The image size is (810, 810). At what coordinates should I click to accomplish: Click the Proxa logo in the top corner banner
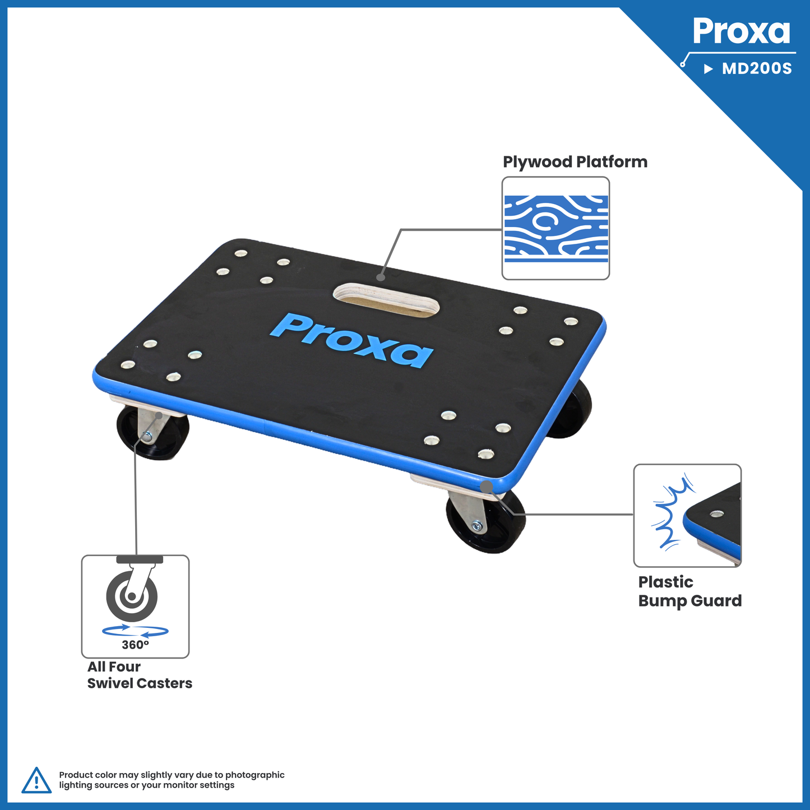point(741,31)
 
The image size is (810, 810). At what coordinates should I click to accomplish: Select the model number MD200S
point(757,69)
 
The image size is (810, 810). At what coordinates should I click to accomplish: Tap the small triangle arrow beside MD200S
point(709,69)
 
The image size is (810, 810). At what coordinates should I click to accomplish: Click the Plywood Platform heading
point(575,162)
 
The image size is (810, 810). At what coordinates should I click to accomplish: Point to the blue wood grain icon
point(556,229)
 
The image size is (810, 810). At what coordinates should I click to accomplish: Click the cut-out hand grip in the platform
point(386,300)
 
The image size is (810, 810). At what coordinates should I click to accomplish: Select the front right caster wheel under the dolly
point(484,522)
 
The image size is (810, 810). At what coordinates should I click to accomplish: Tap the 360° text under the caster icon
point(135,645)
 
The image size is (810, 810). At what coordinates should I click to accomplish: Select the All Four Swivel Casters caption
point(140,675)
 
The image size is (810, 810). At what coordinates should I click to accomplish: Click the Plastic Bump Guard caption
point(689,591)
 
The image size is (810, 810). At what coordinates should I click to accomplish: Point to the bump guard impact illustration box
point(687,515)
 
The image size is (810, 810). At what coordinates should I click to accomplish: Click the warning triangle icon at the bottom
point(36,780)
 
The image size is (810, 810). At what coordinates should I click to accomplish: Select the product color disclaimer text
point(172,780)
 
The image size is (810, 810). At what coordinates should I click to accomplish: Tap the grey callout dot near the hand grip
point(381,277)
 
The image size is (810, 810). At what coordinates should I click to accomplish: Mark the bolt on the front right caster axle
point(477,526)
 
